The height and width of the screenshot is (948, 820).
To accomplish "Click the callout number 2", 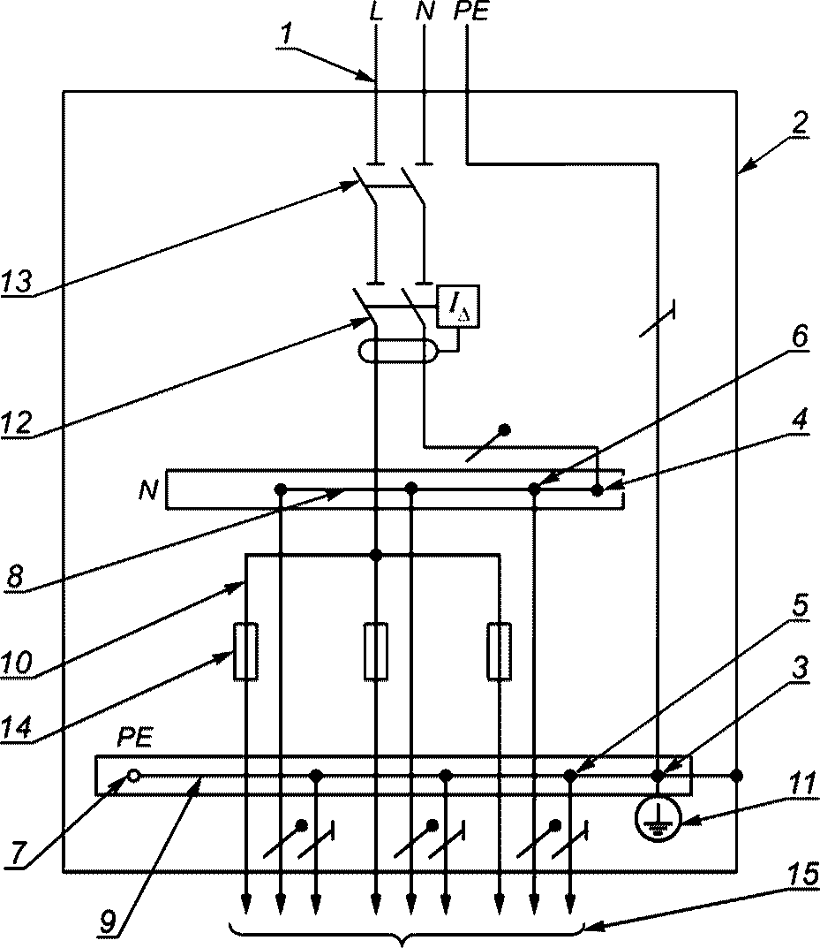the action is (x=799, y=124).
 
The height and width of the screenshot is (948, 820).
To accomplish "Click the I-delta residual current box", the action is (x=459, y=307).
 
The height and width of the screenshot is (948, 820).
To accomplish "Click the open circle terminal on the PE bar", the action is (x=134, y=775).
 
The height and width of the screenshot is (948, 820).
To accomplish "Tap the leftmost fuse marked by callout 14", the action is (x=245, y=651).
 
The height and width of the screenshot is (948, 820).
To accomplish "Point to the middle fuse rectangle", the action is (x=376, y=651).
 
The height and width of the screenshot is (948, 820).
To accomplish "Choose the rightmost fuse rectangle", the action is (x=500, y=651).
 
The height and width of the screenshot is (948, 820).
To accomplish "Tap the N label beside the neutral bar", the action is (x=148, y=489).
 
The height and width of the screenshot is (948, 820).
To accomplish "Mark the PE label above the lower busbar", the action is (x=135, y=739).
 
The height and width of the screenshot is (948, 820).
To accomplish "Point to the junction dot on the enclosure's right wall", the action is (x=736, y=775).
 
